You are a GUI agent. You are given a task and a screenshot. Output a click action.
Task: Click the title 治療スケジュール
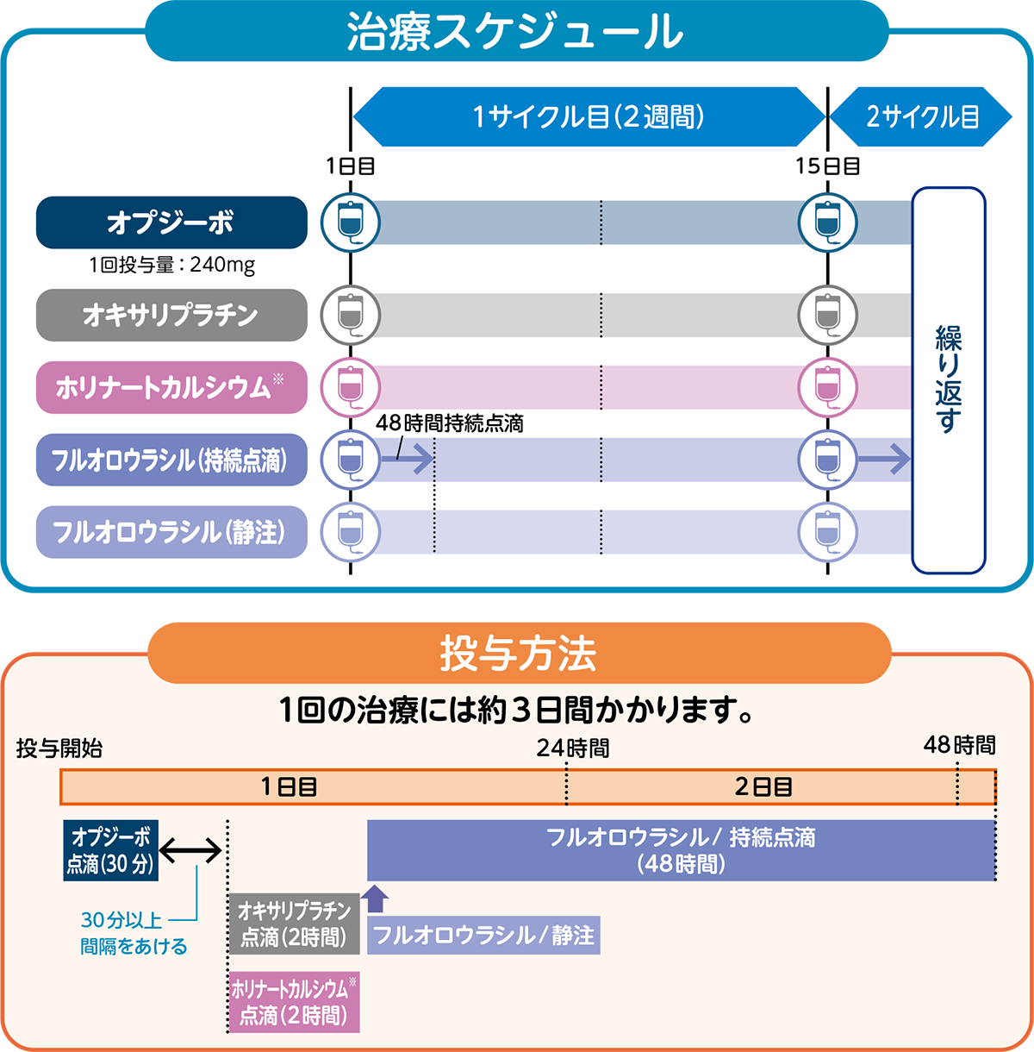(515, 33)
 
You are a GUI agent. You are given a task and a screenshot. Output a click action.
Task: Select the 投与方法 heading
(518, 653)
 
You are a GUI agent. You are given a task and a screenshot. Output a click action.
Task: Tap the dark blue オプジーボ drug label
(171, 222)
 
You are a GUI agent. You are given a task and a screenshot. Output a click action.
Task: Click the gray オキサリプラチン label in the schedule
(171, 315)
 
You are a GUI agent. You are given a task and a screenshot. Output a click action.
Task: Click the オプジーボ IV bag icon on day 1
(351, 222)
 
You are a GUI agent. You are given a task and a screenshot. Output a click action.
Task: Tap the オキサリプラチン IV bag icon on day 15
(828, 315)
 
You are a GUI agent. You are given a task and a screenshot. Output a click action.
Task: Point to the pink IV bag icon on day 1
(351, 387)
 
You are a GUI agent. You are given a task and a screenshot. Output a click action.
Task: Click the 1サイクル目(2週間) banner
(589, 116)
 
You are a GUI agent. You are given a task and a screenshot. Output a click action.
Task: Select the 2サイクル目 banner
(922, 116)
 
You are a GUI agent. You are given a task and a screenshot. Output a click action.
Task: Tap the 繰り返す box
(949, 379)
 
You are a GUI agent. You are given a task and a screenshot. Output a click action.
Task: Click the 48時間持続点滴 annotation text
(450, 423)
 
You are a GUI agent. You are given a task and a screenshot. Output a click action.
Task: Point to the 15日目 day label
(828, 166)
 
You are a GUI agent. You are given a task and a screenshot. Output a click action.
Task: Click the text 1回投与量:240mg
(171, 265)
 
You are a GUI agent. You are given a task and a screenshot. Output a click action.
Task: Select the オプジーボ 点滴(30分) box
(110, 850)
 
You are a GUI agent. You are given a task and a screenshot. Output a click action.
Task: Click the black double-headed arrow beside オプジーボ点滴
(191, 851)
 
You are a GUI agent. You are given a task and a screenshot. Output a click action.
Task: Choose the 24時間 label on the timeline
(572, 748)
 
